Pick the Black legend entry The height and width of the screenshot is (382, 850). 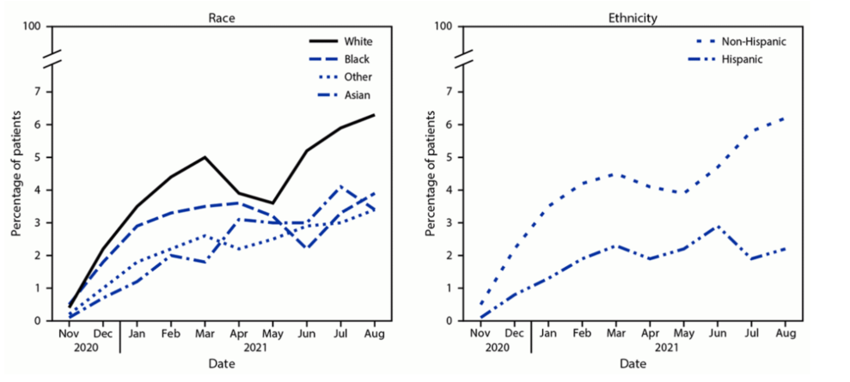(355, 58)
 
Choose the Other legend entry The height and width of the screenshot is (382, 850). (356, 76)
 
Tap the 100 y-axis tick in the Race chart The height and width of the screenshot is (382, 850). (33, 27)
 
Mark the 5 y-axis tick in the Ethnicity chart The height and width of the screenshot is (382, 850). (447, 157)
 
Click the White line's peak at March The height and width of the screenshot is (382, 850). (204, 157)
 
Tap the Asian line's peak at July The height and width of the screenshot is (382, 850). (341, 186)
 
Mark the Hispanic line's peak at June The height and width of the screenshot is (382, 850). (717, 226)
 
